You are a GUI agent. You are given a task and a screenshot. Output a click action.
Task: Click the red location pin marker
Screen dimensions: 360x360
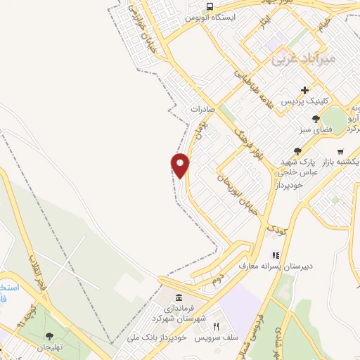pyautogui.click(x=181, y=165)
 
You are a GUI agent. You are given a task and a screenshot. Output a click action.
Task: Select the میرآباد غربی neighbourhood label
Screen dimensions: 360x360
pyautogui.click(x=303, y=60)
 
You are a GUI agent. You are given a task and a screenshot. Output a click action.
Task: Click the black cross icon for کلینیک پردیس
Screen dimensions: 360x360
pyautogui.click(x=304, y=90)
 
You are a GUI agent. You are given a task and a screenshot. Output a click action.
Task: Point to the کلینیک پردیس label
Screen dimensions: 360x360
pyautogui.click(x=305, y=102)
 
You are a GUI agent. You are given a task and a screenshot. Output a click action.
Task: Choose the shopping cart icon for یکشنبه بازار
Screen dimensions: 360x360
pyautogui.click(x=340, y=151)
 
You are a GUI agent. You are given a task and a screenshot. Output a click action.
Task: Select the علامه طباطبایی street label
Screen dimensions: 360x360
pyautogui.click(x=254, y=82)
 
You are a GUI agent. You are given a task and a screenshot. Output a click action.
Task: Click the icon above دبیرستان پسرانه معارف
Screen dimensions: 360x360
pyautogui.click(x=276, y=255)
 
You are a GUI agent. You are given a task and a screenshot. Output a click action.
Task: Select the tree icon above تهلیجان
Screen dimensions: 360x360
pyautogui.click(x=49, y=336)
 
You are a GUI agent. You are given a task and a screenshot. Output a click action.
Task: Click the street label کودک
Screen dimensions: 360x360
pyautogui.click(x=276, y=226)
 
